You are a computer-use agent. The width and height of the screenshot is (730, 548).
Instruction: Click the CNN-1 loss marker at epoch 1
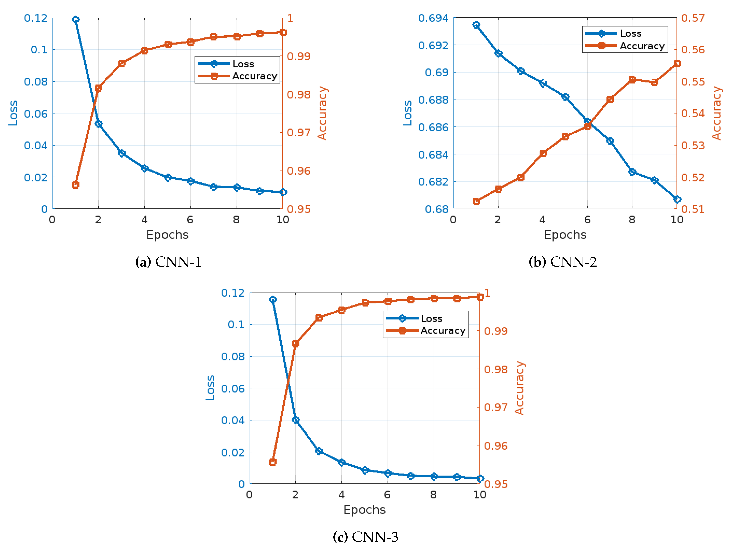point(76,19)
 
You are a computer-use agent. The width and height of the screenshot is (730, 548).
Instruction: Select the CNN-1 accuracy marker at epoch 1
point(76,185)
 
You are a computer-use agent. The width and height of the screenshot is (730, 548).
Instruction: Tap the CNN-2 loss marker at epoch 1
point(476,25)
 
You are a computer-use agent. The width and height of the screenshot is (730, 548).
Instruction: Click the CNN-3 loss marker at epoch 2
point(296,420)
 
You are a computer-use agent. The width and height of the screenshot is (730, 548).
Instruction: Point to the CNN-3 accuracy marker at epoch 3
point(319,318)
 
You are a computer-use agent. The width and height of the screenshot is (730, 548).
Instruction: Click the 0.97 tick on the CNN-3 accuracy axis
point(496,407)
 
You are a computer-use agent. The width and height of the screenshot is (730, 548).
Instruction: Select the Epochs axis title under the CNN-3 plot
point(364,510)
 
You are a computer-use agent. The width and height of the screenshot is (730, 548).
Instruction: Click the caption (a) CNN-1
point(168,262)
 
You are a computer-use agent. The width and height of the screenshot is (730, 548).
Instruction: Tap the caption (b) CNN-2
point(563,262)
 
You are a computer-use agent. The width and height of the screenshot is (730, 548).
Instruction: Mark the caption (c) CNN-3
point(365,537)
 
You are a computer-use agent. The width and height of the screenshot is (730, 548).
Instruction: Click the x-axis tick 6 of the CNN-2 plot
point(587,220)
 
